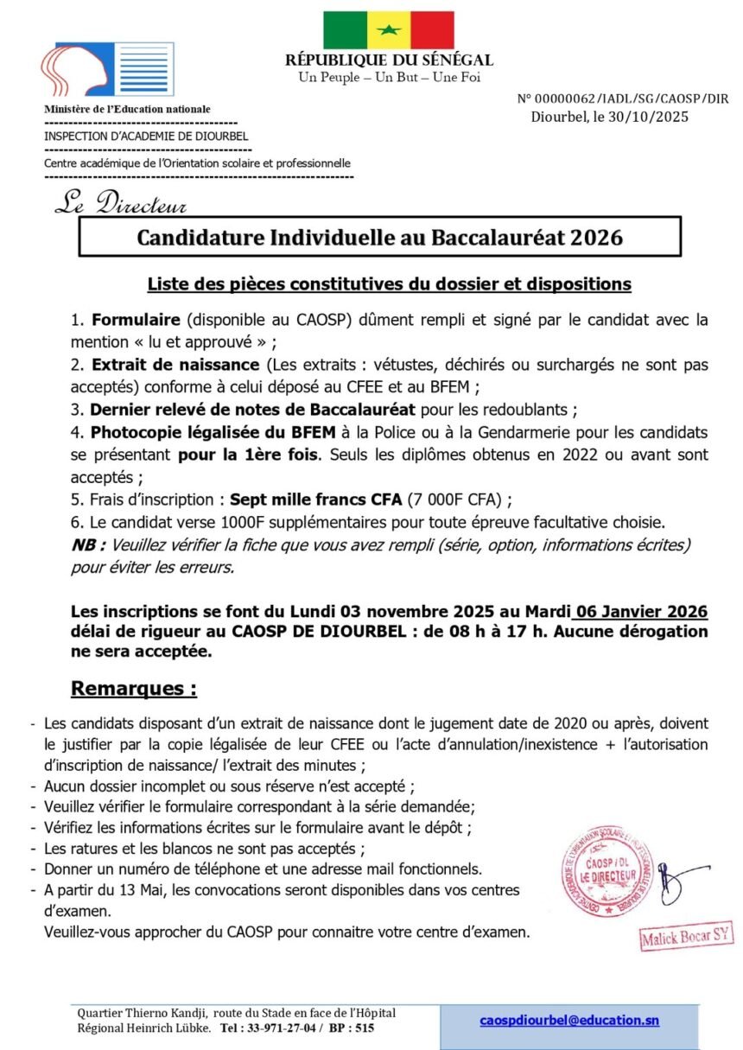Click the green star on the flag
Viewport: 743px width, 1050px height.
389,31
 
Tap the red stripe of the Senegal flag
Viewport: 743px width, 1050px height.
432,30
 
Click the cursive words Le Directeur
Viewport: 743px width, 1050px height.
120,203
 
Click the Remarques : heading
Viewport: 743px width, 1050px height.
133,689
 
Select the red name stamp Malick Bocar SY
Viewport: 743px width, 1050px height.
687,938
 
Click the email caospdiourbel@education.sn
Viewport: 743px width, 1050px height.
568,1020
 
